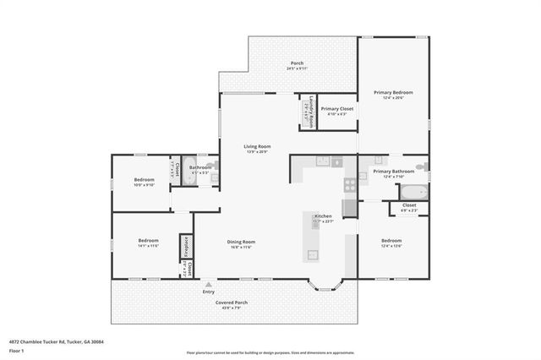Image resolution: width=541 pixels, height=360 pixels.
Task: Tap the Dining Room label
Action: point(241,243)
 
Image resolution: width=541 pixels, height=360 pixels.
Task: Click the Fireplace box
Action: point(184,247)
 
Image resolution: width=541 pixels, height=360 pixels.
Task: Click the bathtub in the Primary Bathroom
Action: point(413,191)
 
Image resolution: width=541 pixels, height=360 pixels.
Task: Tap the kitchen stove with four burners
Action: point(349,184)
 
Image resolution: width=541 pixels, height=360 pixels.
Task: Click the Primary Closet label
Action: point(336,109)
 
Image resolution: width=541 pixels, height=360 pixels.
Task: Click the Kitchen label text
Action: point(324,218)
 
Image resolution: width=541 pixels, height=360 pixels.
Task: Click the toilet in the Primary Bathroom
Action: point(423,166)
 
